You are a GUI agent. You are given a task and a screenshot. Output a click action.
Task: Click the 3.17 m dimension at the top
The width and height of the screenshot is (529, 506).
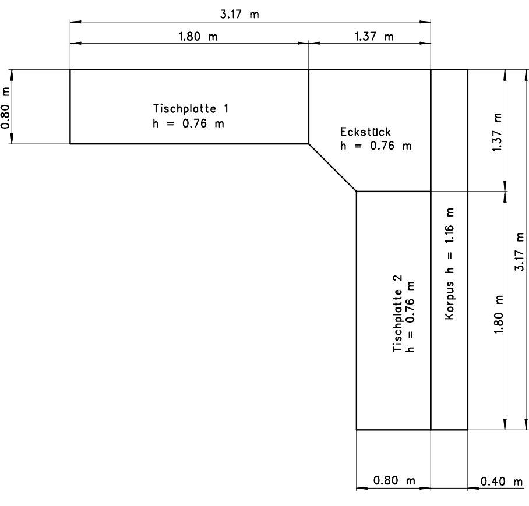(x=239, y=15)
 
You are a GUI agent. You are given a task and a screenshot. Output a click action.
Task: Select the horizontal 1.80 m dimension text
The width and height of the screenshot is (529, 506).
(x=198, y=36)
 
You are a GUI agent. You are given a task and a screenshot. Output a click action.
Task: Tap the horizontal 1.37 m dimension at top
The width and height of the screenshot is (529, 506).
(x=374, y=36)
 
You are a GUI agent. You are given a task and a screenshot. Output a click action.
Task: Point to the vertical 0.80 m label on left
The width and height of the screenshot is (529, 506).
(x=6, y=108)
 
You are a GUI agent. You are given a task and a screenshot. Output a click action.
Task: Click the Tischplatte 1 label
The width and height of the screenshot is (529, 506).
(x=191, y=108)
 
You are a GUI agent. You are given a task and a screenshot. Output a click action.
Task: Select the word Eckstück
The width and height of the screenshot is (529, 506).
(x=365, y=132)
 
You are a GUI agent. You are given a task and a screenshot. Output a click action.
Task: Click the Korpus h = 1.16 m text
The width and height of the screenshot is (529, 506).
(x=449, y=263)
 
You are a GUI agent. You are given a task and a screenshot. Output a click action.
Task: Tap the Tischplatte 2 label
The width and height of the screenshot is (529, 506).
(x=397, y=313)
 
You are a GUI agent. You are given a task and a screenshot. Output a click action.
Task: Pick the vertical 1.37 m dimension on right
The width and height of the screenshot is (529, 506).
(x=498, y=133)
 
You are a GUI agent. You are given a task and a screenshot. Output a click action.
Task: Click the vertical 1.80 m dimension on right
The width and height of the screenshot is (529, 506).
(x=499, y=314)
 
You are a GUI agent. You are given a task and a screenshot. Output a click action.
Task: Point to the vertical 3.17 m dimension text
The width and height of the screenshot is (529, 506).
(x=520, y=252)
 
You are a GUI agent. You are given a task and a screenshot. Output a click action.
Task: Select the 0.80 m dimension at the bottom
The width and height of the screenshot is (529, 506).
(x=394, y=480)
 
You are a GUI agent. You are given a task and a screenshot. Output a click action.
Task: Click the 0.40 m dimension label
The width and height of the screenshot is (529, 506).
(x=502, y=482)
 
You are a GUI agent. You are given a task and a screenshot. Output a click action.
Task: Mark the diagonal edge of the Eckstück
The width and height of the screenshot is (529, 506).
(x=333, y=168)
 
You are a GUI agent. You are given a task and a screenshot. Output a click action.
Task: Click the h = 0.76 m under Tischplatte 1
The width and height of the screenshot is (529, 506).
(x=188, y=123)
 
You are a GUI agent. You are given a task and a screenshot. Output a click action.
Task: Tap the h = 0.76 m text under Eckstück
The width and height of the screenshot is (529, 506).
(x=376, y=146)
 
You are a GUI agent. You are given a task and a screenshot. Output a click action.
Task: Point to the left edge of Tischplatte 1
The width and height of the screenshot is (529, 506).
(x=70, y=107)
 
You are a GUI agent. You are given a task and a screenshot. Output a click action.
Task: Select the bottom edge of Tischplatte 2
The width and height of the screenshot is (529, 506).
(x=394, y=430)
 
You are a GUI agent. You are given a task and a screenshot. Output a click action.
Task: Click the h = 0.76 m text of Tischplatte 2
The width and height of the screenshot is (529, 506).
(x=411, y=317)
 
